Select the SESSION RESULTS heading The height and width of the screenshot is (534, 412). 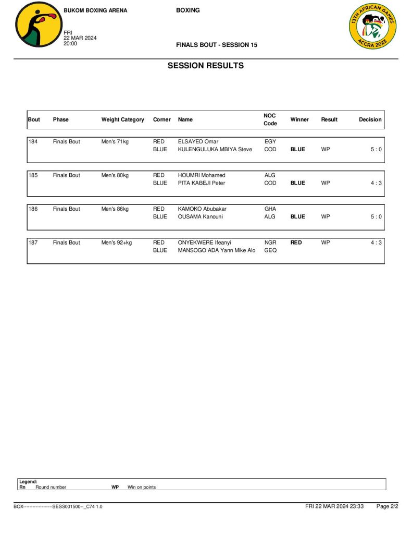point(205,66)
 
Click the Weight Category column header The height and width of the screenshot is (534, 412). point(122,119)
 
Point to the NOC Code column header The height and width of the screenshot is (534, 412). point(270,119)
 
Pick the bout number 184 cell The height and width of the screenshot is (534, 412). point(33,142)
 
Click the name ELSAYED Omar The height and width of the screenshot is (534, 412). point(198,142)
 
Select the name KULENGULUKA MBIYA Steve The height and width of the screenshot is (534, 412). point(215,150)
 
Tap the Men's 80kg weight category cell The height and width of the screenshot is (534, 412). point(115,175)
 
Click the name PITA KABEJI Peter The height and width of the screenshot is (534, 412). point(202,183)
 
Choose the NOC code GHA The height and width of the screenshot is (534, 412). point(270,209)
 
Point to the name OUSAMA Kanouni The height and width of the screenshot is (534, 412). point(201,217)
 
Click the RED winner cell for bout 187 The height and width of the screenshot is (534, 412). point(296,242)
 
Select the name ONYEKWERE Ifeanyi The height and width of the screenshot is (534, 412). point(204,242)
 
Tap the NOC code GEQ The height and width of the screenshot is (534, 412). point(270,250)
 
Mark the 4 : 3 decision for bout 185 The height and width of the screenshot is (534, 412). point(376,183)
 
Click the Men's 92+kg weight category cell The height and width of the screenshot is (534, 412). point(117,242)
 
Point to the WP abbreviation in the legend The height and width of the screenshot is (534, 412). point(115,487)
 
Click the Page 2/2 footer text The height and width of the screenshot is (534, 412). point(387,506)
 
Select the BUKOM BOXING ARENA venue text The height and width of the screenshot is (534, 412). point(95,10)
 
